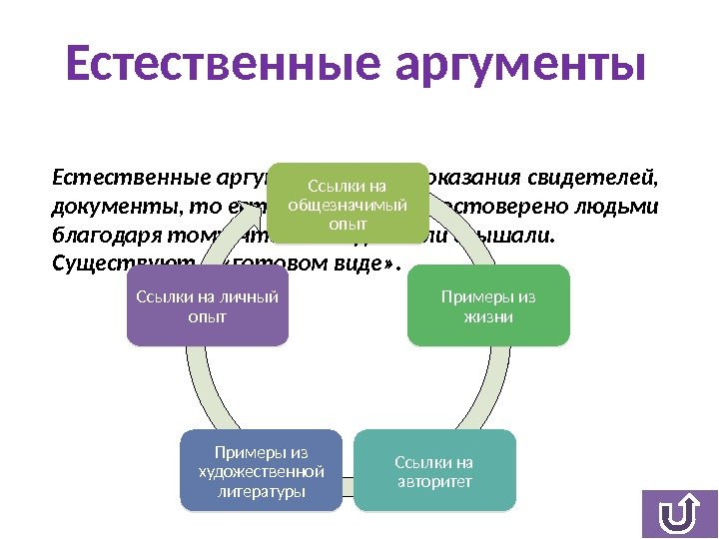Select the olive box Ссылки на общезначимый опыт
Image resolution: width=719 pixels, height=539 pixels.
[347, 205]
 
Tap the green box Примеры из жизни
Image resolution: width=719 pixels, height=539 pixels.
[488, 306]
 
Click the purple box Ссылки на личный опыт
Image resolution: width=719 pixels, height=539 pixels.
[208, 306]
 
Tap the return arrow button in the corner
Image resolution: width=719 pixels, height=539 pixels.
[679, 514]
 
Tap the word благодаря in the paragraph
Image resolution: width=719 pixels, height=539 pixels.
[97, 238]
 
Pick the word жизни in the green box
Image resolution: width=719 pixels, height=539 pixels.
[488, 317]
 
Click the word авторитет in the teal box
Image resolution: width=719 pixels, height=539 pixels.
[433, 482]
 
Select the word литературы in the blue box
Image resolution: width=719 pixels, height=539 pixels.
[262, 492]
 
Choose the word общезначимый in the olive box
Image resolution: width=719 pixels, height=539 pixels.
[347, 205]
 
